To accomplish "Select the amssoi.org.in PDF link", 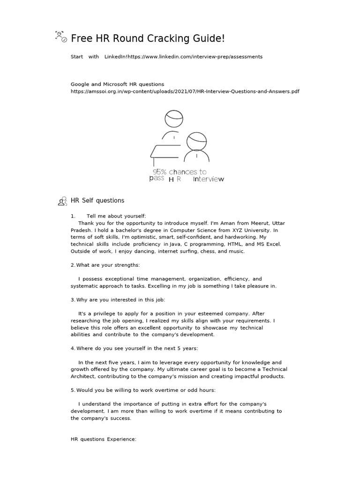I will click(x=185, y=91).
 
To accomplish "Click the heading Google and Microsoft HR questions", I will click(x=117, y=84).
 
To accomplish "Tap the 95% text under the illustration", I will click(x=160, y=172).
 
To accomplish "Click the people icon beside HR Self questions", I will click(x=62, y=202).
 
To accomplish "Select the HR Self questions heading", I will click(x=97, y=201).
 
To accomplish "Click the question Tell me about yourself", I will click(x=116, y=216).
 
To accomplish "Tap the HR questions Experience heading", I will click(x=103, y=439).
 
